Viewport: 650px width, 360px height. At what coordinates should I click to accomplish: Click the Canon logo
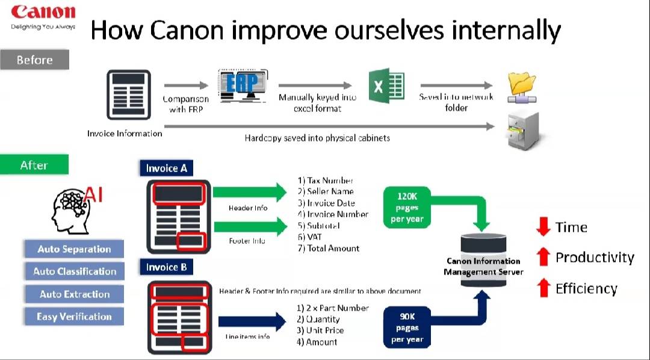coord(43,12)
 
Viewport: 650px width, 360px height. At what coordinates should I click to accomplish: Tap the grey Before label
coord(34,60)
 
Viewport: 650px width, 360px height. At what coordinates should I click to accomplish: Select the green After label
coord(34,165)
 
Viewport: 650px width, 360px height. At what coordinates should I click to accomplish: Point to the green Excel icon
coord(386,87)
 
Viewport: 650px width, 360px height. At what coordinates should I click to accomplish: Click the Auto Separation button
coord(74,249)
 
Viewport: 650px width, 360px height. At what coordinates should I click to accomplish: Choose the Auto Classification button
coord(74,272)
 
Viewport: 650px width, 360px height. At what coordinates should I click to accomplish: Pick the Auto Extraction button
coord(74,294)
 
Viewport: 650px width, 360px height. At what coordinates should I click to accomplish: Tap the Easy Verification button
coord(74,317)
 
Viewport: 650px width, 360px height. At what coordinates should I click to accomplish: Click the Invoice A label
coord(166,168)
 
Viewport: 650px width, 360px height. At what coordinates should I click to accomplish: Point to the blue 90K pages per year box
coord(407,327)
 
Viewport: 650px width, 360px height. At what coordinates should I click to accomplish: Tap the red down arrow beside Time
coord(543,227)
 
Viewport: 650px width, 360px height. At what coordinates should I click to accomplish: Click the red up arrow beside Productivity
coord(543,258)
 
